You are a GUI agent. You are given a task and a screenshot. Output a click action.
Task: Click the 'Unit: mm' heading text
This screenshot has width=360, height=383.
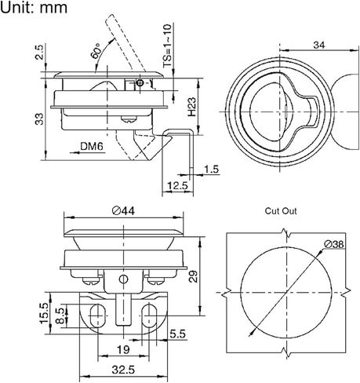coord(34,7)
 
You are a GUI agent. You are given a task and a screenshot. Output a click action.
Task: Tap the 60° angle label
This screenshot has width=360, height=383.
coord(96,51)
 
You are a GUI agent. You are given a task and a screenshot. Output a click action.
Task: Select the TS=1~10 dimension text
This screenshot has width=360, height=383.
coord(167,46)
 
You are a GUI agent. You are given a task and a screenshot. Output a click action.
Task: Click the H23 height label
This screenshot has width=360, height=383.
coord(191,107)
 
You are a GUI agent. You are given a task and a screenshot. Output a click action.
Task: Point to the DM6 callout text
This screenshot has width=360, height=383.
coord(92,146)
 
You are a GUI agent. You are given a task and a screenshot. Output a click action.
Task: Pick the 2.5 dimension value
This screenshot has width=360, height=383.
coord(39,53)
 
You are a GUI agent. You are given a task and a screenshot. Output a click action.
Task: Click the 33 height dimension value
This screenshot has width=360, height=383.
coord(39,119)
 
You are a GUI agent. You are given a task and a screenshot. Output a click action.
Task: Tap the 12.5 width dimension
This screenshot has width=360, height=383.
coord(177,186)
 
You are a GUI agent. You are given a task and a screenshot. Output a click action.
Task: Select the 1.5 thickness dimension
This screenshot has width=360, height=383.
coord(211,170)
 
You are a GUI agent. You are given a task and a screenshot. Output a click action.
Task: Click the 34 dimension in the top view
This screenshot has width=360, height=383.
coord(319,45)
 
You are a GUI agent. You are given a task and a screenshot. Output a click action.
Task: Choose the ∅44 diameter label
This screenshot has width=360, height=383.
coord(123,210)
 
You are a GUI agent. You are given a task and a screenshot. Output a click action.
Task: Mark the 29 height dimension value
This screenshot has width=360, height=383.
coord(194,276)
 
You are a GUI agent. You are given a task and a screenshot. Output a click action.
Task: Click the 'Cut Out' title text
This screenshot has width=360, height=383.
coord(281,211)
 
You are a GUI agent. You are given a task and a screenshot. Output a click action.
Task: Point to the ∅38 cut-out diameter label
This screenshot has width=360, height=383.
coord(334,244)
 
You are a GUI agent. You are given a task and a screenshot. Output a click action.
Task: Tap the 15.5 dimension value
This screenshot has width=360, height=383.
coord(44,313)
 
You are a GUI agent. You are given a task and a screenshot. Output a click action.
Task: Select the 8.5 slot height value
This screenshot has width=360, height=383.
coord(60,316)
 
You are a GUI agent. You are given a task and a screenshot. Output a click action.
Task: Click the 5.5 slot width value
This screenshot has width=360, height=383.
coord(177,334)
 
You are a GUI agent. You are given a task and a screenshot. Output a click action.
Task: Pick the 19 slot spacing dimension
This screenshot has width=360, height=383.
coord(123,349)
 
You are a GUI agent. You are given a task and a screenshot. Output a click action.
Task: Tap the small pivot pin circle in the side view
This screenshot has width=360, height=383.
coord(140,83)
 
